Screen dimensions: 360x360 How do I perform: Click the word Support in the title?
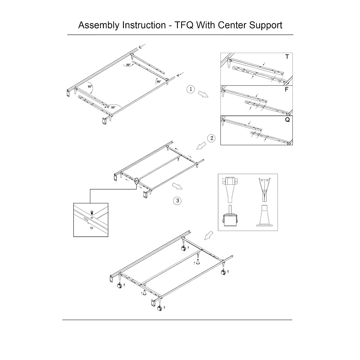(x=265, y=25)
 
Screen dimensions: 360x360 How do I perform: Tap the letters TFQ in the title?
(x=183, y=25)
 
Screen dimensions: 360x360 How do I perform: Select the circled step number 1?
(x=190, y=89)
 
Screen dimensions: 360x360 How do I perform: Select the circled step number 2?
(x=211, y=138)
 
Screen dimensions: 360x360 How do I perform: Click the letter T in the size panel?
(x=287, y=57)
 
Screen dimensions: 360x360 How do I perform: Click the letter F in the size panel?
(x=287, y=89)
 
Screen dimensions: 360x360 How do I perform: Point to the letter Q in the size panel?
(x=287, y=120)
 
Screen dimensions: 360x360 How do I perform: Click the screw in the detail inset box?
(x=92, y=212)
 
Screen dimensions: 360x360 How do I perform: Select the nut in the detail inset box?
(x=91, y=228)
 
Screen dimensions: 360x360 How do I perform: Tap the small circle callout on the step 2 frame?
(x=137, y=181)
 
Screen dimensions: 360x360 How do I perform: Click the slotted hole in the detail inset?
(x=86, y=220)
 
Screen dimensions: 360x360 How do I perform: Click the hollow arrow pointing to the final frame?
(x=209, y=235)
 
